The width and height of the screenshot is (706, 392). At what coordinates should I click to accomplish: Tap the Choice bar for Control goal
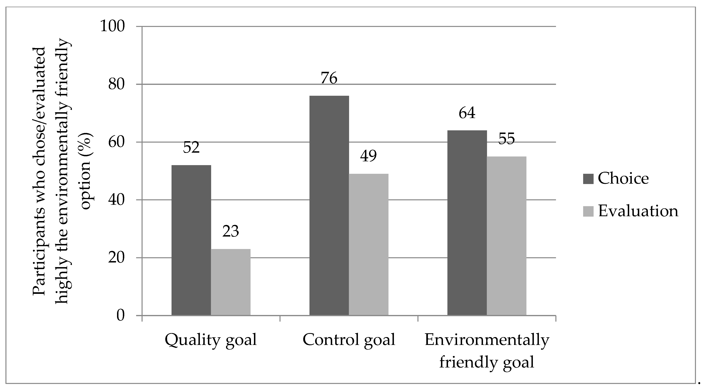point(329,205)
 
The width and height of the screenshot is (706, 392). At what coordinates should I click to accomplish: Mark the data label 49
point(368,156)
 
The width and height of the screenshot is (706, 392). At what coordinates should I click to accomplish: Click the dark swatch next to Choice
point(588,179)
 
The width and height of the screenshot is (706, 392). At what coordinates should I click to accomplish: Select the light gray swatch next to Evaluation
point(588,211)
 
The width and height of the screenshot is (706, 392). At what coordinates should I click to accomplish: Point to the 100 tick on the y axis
point(112,26)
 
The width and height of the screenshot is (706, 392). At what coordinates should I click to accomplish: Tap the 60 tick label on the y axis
point(116,142)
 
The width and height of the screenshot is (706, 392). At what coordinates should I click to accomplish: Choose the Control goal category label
point(349,340)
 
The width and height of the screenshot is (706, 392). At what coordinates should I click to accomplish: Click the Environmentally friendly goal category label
point(487,351)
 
